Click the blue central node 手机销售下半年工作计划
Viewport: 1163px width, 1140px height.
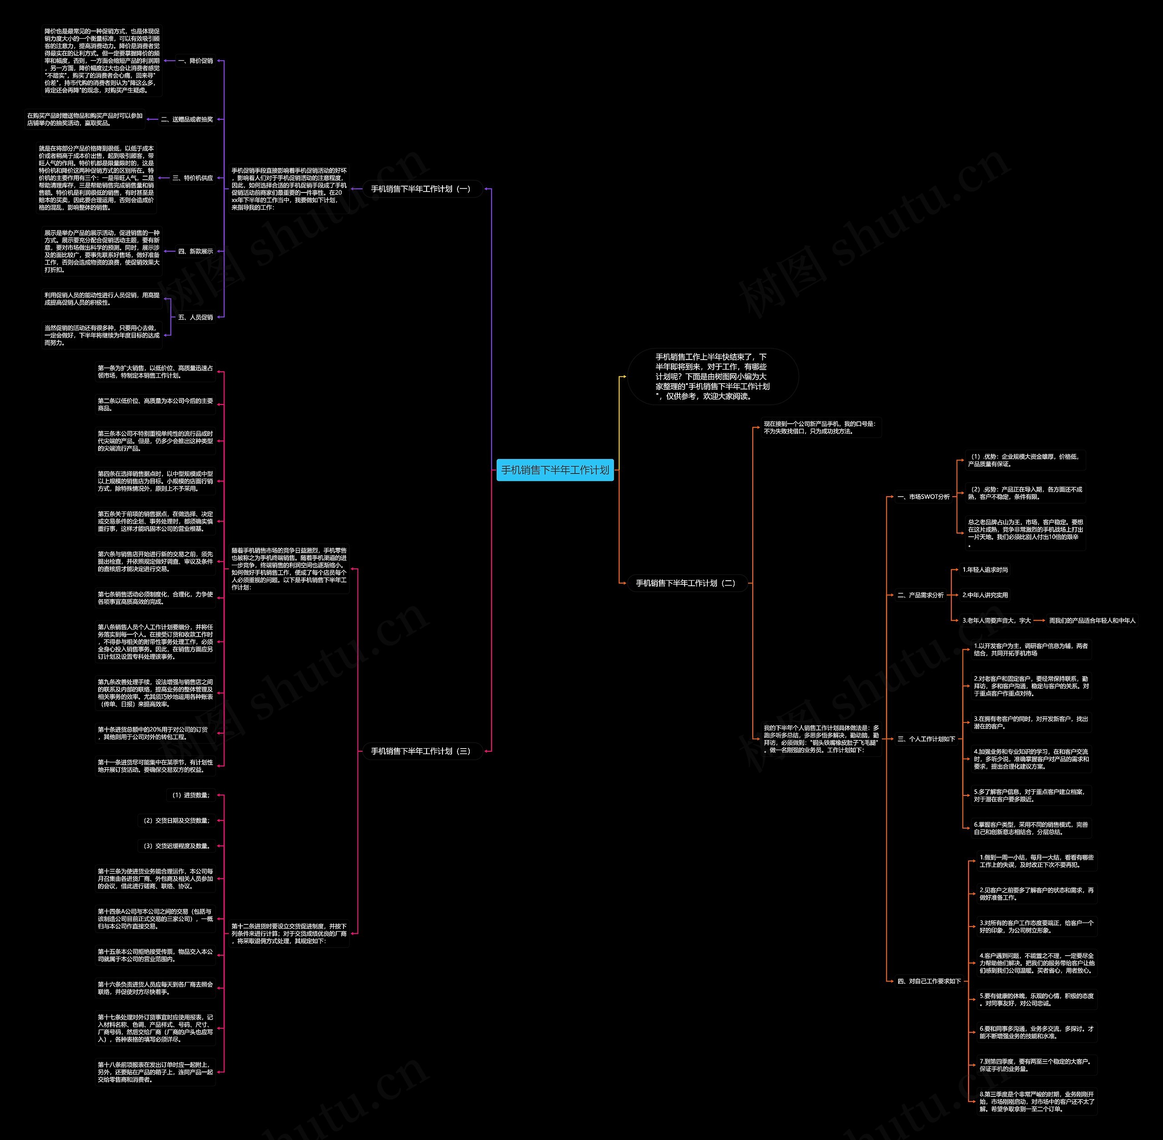555,470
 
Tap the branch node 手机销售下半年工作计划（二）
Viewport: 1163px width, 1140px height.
686,583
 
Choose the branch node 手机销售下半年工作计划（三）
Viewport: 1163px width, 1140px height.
421,751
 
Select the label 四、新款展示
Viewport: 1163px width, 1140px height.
195,252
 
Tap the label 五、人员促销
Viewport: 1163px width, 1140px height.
195,317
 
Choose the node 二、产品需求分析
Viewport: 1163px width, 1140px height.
920,595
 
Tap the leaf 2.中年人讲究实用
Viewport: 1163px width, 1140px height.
985,595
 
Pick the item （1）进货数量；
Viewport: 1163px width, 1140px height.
190,795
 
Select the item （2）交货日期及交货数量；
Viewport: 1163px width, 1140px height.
176,821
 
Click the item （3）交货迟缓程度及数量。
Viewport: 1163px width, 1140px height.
176,846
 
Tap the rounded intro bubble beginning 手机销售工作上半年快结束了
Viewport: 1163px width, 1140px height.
712,377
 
